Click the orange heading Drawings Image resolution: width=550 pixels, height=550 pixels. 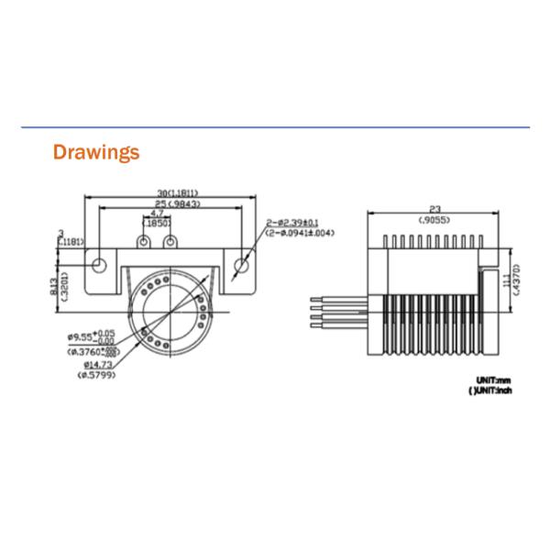point(96,152)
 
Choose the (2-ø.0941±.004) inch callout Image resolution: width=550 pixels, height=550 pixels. point(300,233)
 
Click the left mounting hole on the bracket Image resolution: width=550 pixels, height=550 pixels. point(100,265)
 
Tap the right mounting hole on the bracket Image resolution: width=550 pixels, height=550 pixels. point(242,265)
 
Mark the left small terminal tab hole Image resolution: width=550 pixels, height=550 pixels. point(143,242)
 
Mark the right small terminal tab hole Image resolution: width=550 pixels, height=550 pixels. point(170,242)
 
